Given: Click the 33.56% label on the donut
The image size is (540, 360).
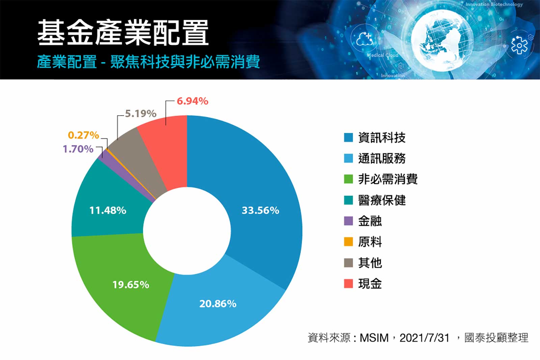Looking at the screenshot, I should point(260,210).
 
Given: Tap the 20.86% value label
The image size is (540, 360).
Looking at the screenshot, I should point(218,304).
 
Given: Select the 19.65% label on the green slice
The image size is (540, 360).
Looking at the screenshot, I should point(131,285).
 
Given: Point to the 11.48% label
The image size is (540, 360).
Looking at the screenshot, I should point(108,210).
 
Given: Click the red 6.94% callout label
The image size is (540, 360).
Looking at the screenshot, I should point(192,101).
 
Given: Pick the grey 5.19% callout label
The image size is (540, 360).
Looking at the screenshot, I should point(140,113).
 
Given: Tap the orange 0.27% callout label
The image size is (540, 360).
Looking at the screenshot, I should point(83,135).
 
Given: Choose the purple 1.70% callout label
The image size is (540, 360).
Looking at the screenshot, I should point(78,149).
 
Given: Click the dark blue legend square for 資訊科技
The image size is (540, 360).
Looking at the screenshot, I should point(348,137).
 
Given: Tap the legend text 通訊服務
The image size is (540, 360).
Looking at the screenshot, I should point(382,158).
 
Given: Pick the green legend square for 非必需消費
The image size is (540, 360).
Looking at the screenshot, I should point(348,179).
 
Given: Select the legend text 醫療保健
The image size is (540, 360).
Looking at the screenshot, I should point(382,200).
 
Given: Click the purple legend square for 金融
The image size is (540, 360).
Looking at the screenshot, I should point(348,221).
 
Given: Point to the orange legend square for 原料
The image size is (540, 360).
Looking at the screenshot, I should point(348,242).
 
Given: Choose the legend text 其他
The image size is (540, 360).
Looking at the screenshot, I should point(370,263).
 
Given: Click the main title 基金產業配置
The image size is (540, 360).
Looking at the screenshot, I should point(123,33).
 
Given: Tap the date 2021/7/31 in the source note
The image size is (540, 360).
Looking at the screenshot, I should point(424,338).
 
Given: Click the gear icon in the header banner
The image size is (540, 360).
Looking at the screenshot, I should point(519,45).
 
